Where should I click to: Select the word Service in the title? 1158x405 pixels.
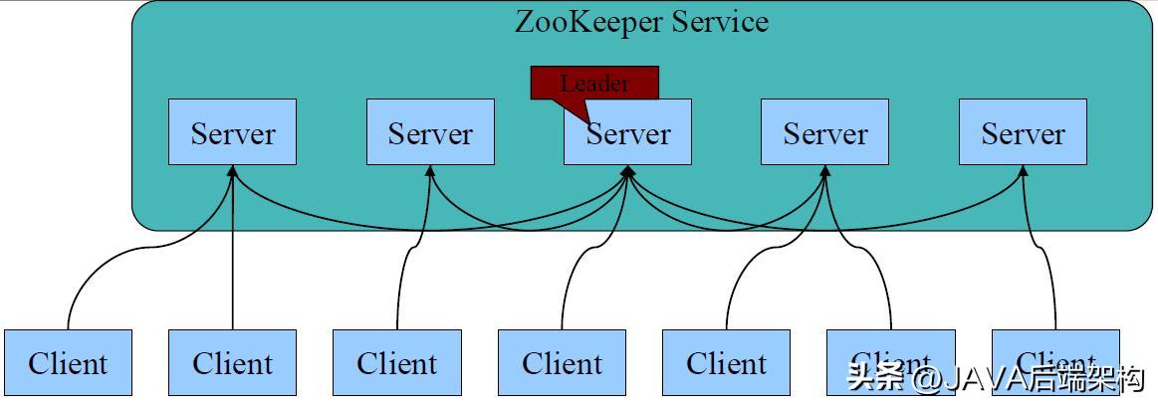(x=720, y=22)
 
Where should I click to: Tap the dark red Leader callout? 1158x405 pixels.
(x=594, y=84)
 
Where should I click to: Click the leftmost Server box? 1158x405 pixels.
(x=232, y=132)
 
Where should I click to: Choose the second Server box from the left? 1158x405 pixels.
(x=430, y=132)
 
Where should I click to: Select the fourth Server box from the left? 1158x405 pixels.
(x=824, y=132)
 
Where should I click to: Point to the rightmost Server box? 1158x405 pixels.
(x=1023, y=132)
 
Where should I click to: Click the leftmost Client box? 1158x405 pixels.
(x=68, y=362)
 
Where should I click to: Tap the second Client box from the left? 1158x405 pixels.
(x=232, y=362)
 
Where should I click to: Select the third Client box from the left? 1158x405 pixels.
(x=397, y=362)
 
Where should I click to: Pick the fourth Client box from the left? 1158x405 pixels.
(x=562, y=362)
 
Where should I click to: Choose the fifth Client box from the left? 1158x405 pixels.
(x=726, y=362)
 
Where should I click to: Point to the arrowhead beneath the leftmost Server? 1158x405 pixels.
(x=232, y=171)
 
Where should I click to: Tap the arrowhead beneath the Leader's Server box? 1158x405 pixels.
(x=628, y=171)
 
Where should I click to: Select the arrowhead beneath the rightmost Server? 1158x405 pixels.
(x=1023, y=171)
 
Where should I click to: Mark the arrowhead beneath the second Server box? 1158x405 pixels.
(x=430, y=171)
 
